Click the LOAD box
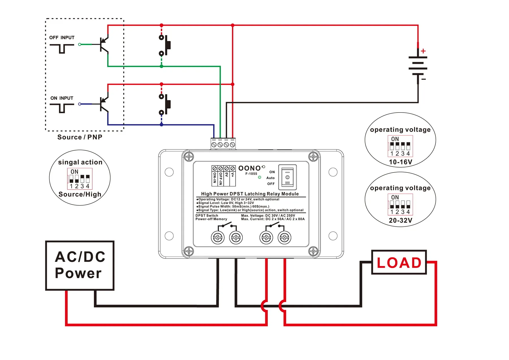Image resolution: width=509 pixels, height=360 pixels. [399, 262]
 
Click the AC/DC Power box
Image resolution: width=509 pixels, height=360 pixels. [80, 266]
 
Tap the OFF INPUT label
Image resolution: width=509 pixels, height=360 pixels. [62, 38]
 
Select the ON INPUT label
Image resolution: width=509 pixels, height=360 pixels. [62, 98]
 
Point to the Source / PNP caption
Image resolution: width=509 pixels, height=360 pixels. [80, 137]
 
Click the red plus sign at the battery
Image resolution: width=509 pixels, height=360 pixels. [423, 51]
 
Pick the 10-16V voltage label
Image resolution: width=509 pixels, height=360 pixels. [400, 162]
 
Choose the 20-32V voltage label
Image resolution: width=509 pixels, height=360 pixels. [400, 220]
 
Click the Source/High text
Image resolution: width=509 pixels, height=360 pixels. [80, 194]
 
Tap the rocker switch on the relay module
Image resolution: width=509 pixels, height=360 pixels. [287, 177]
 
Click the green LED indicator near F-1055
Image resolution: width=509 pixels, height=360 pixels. [260, 177]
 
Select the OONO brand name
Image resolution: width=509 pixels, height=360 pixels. [249, 168]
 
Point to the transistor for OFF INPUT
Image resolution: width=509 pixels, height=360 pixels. [104, 44]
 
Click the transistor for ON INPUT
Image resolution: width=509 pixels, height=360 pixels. [104, 104]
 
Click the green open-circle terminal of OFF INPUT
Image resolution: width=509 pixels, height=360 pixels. [80, 44]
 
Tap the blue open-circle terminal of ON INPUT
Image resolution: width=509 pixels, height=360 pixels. [80, 104]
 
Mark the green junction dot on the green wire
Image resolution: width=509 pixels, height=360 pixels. [161, 66]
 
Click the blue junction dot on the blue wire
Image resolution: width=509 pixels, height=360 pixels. [161, 125]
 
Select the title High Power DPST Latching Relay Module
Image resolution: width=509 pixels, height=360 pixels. [250, 194]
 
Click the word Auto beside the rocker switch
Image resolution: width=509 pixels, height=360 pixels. [270, 178]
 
